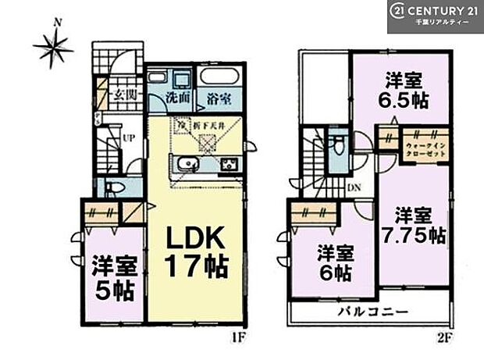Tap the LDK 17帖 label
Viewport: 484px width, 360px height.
194,251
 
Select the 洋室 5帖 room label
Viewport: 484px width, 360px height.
114,276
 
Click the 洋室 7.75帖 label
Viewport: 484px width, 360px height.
419,224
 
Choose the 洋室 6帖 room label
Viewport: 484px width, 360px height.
333,262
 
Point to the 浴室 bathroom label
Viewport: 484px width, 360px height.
219,99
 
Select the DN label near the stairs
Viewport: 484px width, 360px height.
353,187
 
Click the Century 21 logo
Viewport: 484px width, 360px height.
435,16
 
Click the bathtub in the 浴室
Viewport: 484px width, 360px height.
219,79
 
